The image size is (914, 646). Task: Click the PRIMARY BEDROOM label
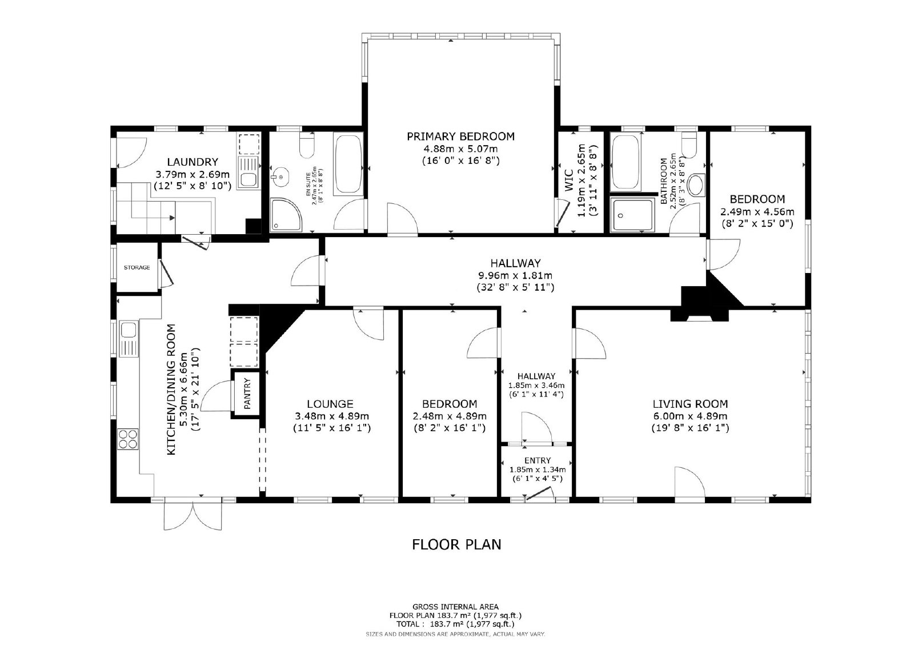[460, 137]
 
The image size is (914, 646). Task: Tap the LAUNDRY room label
[193, 162]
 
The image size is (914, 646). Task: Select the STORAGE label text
[137, 268]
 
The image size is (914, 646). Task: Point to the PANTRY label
[247, 394]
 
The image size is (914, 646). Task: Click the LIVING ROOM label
[690, 404]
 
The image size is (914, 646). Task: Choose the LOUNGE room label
[330, 404]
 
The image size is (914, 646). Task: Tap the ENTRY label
[538, 460]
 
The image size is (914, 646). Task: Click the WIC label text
[569, 180]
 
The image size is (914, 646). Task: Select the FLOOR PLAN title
[456, 544]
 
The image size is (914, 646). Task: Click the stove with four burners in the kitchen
[128, 439]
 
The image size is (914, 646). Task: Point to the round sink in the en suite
[280, 177]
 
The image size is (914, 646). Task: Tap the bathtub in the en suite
[348, 163]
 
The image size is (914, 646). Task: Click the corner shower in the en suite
[286, 215]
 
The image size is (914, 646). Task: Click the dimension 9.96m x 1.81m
[515, 275]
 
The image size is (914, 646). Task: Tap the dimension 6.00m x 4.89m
[690, 416]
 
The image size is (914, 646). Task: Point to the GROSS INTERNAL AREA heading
[455, 607]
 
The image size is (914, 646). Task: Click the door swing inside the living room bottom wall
[689, 483]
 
